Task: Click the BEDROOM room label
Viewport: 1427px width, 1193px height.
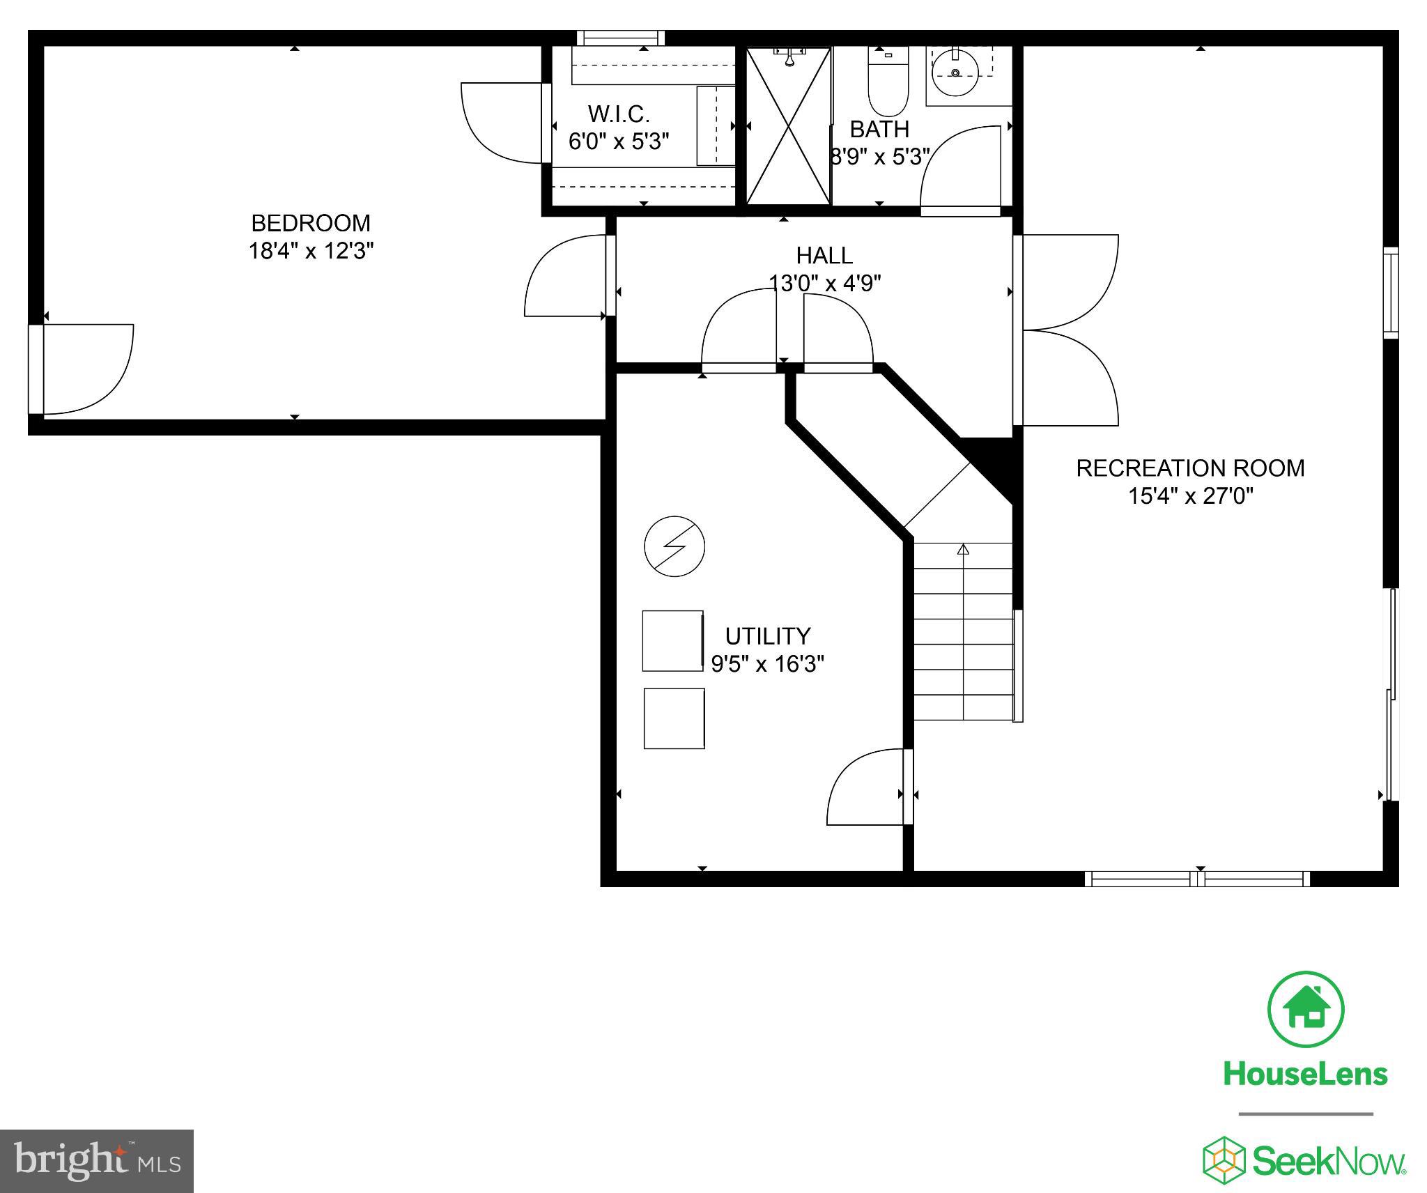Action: [x=311, y=223]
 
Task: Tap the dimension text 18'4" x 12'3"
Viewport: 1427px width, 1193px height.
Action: [x=311, y=251]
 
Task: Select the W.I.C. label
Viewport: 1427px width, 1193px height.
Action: [x=619, y=114]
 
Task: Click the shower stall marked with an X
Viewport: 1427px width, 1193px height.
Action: [x=789, y=126]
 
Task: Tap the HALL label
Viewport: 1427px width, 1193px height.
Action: [x=824, y=256]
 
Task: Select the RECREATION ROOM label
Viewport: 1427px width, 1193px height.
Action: [x=1190, y=468]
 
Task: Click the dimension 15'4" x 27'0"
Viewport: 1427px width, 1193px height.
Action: [x=1190, y=496]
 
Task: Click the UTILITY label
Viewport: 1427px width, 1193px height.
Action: [x=767, y=636]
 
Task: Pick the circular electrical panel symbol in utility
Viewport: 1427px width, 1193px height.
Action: [x=674, y=546]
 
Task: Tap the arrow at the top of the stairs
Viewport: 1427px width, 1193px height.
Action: [x=963, y=550]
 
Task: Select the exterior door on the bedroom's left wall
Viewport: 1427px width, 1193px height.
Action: [x=80, y=369]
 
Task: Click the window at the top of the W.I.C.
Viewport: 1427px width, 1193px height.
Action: [x=620, y=38]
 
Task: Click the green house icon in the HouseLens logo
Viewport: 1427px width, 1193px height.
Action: [x=1305, y=1009]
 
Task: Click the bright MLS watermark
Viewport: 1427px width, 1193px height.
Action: [x=97, y=1161]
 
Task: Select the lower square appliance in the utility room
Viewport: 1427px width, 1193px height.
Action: [x=674, y=718]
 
